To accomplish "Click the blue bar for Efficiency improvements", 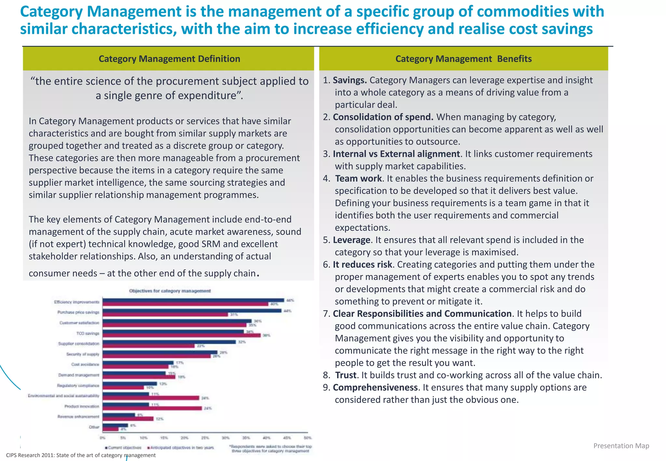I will point(193,300).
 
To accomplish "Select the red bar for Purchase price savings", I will point(165,314).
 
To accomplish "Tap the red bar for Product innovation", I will point(152,408).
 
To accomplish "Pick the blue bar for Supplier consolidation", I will point(169,342).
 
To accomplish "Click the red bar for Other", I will point(111,429).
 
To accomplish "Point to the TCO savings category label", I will point(88,333).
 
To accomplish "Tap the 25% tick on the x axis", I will point(205,438).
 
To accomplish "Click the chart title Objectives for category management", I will point(170,291).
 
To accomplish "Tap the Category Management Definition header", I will point(169,59).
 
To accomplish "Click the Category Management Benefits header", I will point(463,59).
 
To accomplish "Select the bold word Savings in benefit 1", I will point(350,80).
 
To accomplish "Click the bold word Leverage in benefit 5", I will point(351,240).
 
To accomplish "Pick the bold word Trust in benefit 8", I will point(346,375).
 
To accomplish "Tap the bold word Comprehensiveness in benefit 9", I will point(375,388).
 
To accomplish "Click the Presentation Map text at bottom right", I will point(621,446).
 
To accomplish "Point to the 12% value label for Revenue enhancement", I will point(159,419).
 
